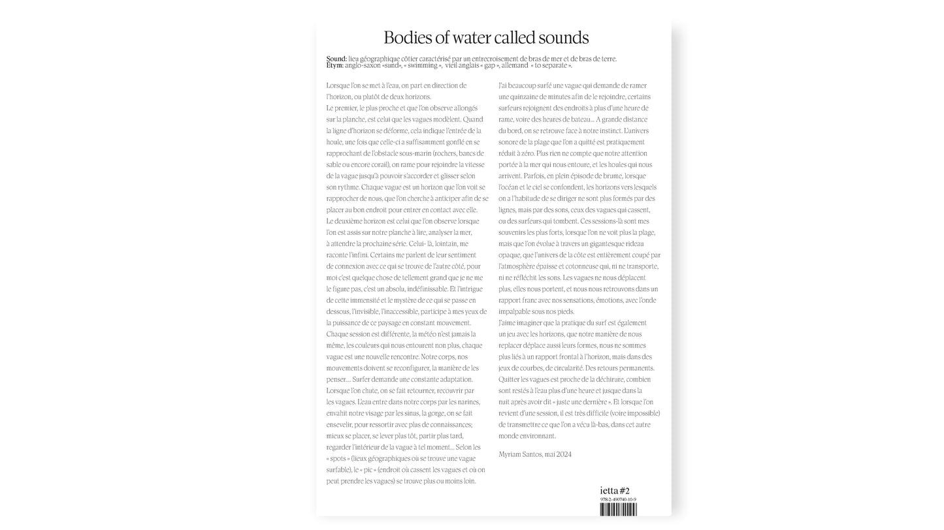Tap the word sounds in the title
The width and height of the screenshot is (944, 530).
click(x=560, y=37)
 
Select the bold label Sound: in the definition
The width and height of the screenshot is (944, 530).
click(x=336, y=59)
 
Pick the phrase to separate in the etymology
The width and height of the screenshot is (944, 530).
click(x=552, y=65)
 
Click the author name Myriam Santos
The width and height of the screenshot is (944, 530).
click(x=520, y=454)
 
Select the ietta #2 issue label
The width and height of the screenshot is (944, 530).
click(x=615, y=491)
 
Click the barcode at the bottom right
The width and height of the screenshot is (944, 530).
click(x=618, y=509)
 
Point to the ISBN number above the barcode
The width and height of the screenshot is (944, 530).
click(x=618, y=499)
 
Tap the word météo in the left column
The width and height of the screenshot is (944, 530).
click(x=428, y=334)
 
